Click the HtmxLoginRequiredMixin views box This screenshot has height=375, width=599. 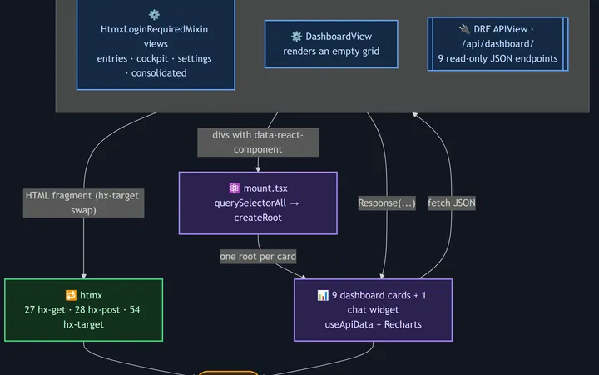click(156, 45)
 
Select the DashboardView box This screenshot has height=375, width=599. click(331, 44)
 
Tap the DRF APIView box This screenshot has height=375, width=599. click(498, 44)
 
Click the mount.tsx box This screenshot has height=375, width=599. click(258, 202)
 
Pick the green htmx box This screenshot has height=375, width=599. click(84, 309)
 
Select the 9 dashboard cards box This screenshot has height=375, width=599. click(374, 309)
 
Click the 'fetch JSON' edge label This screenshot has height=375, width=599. click(452, 202)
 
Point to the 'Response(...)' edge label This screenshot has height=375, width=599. click(387, 202)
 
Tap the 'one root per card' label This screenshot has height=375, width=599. click(258, 257)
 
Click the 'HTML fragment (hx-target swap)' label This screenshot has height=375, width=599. click(84, 202)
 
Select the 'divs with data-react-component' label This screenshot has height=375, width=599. click(258, 142)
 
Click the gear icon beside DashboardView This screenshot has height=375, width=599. click(296, 37)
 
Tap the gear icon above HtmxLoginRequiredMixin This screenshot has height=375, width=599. click(154, 15)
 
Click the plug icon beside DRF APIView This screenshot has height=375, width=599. click(464, 28)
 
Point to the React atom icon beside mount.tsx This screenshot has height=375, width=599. click(234, 187)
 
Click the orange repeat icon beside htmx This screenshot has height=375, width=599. click(71, 295)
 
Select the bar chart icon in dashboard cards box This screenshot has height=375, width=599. click(323, 295)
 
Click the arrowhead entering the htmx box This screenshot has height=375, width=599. click(84, 276)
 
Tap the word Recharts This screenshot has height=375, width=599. click(403, 324)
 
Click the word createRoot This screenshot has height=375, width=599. click(258, 217)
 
